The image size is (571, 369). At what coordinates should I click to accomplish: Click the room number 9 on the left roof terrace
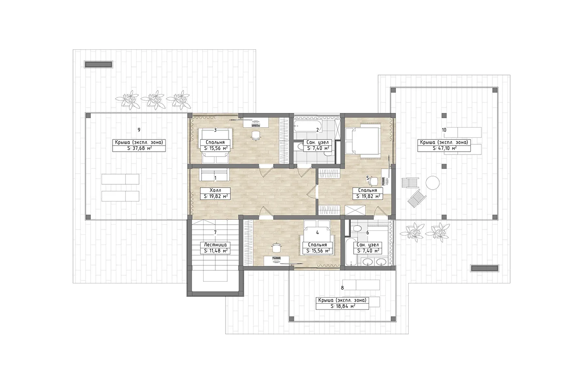click(x=139, y=130)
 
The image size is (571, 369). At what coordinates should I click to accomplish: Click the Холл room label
click(x=215, y=190)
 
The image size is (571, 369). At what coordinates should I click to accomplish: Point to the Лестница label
click(x=215, y=245)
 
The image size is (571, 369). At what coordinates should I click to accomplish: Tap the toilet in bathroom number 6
click(x=356, y=228)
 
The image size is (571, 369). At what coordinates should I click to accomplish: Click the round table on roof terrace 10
click(x=433, y=183)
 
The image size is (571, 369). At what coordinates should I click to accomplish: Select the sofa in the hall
click(x=215, y=175)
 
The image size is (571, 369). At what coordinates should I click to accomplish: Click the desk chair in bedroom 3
click(x=255, y=135)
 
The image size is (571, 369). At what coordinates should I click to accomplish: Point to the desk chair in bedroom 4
click(x=276, y=247)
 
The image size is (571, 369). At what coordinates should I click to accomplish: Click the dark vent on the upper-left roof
click(x=98, y=64)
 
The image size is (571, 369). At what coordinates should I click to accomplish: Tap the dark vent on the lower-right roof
click(x=485, y=268)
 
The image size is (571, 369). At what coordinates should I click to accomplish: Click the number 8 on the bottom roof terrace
click(x=342, y=288)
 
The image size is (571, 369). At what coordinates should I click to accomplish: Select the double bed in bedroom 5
click(x=363, y=141)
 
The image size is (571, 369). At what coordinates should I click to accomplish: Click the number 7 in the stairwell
click(x=215, y=232)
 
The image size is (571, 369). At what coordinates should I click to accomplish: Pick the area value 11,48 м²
click(x=216, y=251)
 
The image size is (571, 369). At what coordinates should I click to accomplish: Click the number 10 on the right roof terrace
click(x=444, y=130)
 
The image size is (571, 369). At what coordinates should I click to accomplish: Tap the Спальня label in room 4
click(x=317, y=245)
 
